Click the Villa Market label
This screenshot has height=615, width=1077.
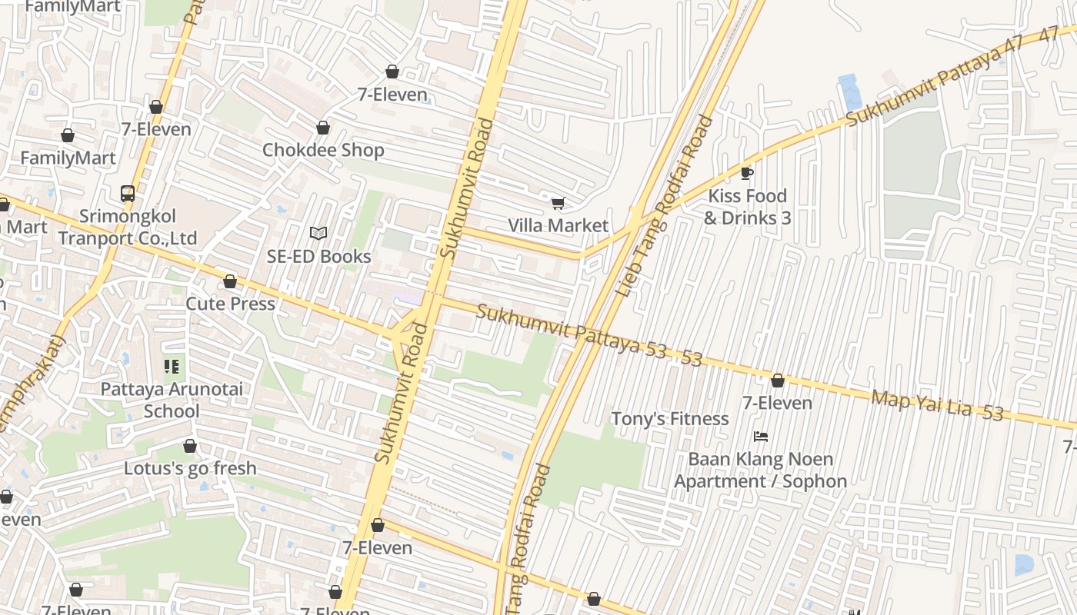coord(558,225)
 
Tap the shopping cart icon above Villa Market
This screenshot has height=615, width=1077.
coord(558,204)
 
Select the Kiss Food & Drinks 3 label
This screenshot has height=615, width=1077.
coord(747,207)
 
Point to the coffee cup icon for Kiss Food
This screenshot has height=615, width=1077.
coord(746,173)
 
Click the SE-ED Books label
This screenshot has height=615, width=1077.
coord(318,256)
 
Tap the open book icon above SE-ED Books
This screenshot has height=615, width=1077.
coord(318,233)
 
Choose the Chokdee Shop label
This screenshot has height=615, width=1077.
coord(323,149)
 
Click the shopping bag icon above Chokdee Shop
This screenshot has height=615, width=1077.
coord(323,128)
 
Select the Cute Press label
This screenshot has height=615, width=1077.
coord(230,304)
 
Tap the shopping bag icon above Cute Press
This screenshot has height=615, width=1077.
coord(230,282)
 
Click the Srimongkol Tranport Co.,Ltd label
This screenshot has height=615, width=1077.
coord(128,227)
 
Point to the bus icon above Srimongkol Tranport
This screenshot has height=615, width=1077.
coord(128,194)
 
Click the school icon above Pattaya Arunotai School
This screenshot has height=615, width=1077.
coord(171,367)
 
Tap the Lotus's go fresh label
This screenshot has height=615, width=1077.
coord(190,468)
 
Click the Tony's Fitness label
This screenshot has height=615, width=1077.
coord(669,418)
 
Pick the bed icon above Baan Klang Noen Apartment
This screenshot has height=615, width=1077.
coord(761,437)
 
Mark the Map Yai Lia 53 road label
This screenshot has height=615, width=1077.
coord(936,404)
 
